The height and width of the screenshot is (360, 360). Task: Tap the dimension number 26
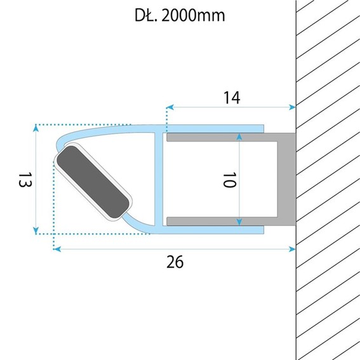coord(176,261)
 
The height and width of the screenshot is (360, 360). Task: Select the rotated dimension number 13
coord(23,180)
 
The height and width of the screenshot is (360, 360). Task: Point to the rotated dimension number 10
coord(229,180)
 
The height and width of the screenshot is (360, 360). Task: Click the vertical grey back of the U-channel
coord(287,179)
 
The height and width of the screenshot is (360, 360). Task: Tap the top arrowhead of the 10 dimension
coord(239,137)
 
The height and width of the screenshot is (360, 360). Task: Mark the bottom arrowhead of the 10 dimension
coord(239,222)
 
